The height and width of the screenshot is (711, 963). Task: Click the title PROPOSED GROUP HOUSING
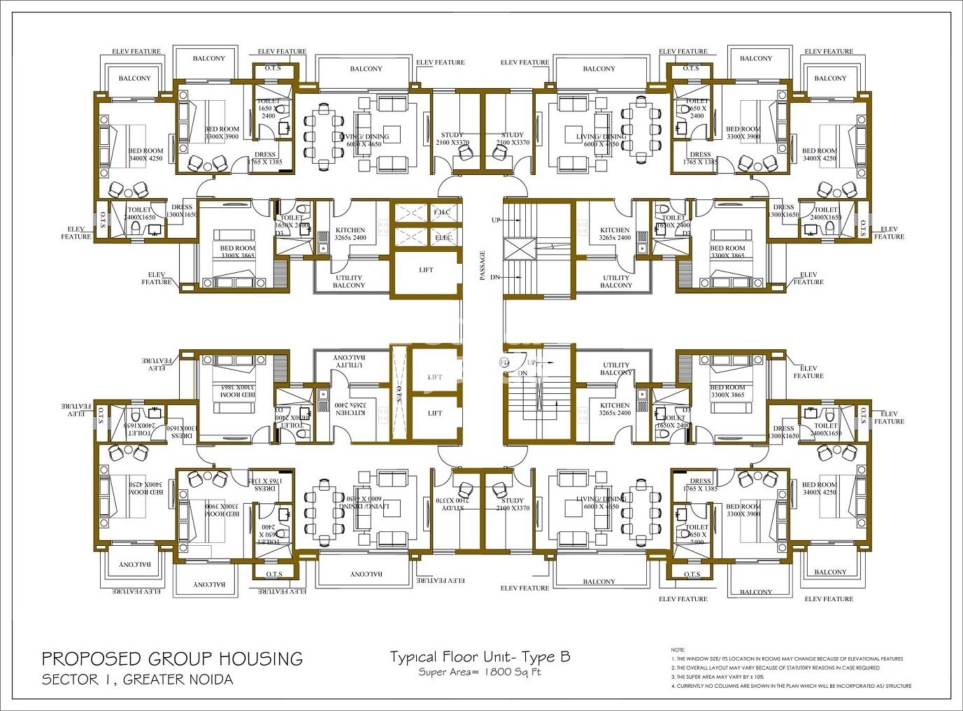click(172, 659)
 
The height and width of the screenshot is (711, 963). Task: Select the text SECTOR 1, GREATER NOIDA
click(137, 680)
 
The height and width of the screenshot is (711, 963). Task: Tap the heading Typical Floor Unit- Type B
click(480, 656)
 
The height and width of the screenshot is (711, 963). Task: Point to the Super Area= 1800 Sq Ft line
click(480, 673)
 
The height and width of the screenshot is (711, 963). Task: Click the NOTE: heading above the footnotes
click(678, 650)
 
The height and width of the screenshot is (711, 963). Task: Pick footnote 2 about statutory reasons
click(775, 668)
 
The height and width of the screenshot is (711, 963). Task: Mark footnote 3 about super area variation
click(717, 677)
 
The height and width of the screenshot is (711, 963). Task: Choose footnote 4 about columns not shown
click(791, 686)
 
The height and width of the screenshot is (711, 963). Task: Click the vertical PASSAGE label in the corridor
click(483, 266)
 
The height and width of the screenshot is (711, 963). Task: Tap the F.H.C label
click(443, 212)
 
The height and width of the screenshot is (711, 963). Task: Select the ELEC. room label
click(444, 238)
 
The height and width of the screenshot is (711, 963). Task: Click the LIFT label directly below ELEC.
click(426, 270)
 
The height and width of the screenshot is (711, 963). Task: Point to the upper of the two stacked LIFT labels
click(435, 377)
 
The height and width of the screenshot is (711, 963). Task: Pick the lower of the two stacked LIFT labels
click(435, 414)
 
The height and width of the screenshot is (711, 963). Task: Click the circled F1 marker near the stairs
click(504, 362)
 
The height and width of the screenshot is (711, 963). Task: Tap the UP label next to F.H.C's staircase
click(496, 220)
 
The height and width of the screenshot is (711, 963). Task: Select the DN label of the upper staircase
click(495, 278)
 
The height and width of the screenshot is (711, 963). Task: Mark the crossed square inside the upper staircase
click(518, 249)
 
